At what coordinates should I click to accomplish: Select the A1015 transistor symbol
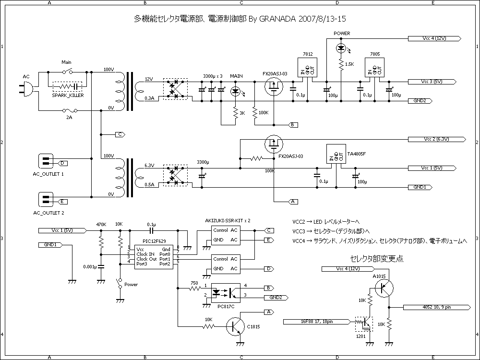pyautogui.click(x=384, y=288)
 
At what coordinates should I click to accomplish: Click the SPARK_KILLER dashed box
pyautogui.click(x=67, y=86)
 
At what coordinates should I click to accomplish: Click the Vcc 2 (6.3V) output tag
pyautogui.click(x=435, y=139)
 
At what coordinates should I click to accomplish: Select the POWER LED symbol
pyautogui.click(x=341, y=48)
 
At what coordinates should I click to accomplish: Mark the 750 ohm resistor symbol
pyautogui.click(x=194, y=289)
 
